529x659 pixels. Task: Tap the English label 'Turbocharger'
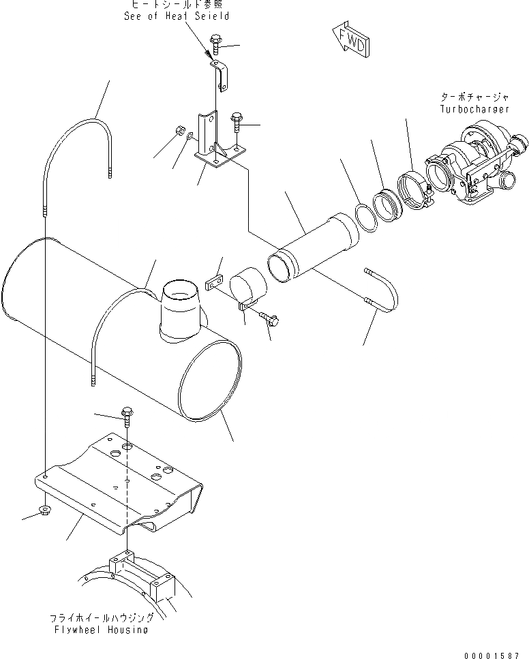(x=474, y=109)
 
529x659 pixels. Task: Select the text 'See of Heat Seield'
(x=177, y=16)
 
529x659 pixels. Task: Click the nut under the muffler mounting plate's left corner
(x=44, y=510)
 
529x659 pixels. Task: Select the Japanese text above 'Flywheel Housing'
(x=100, y=619)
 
